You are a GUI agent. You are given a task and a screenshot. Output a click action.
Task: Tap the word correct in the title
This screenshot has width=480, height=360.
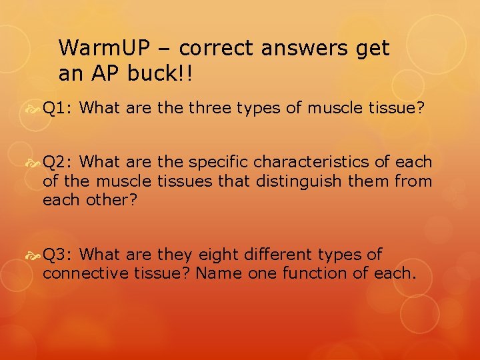[219, 49]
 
